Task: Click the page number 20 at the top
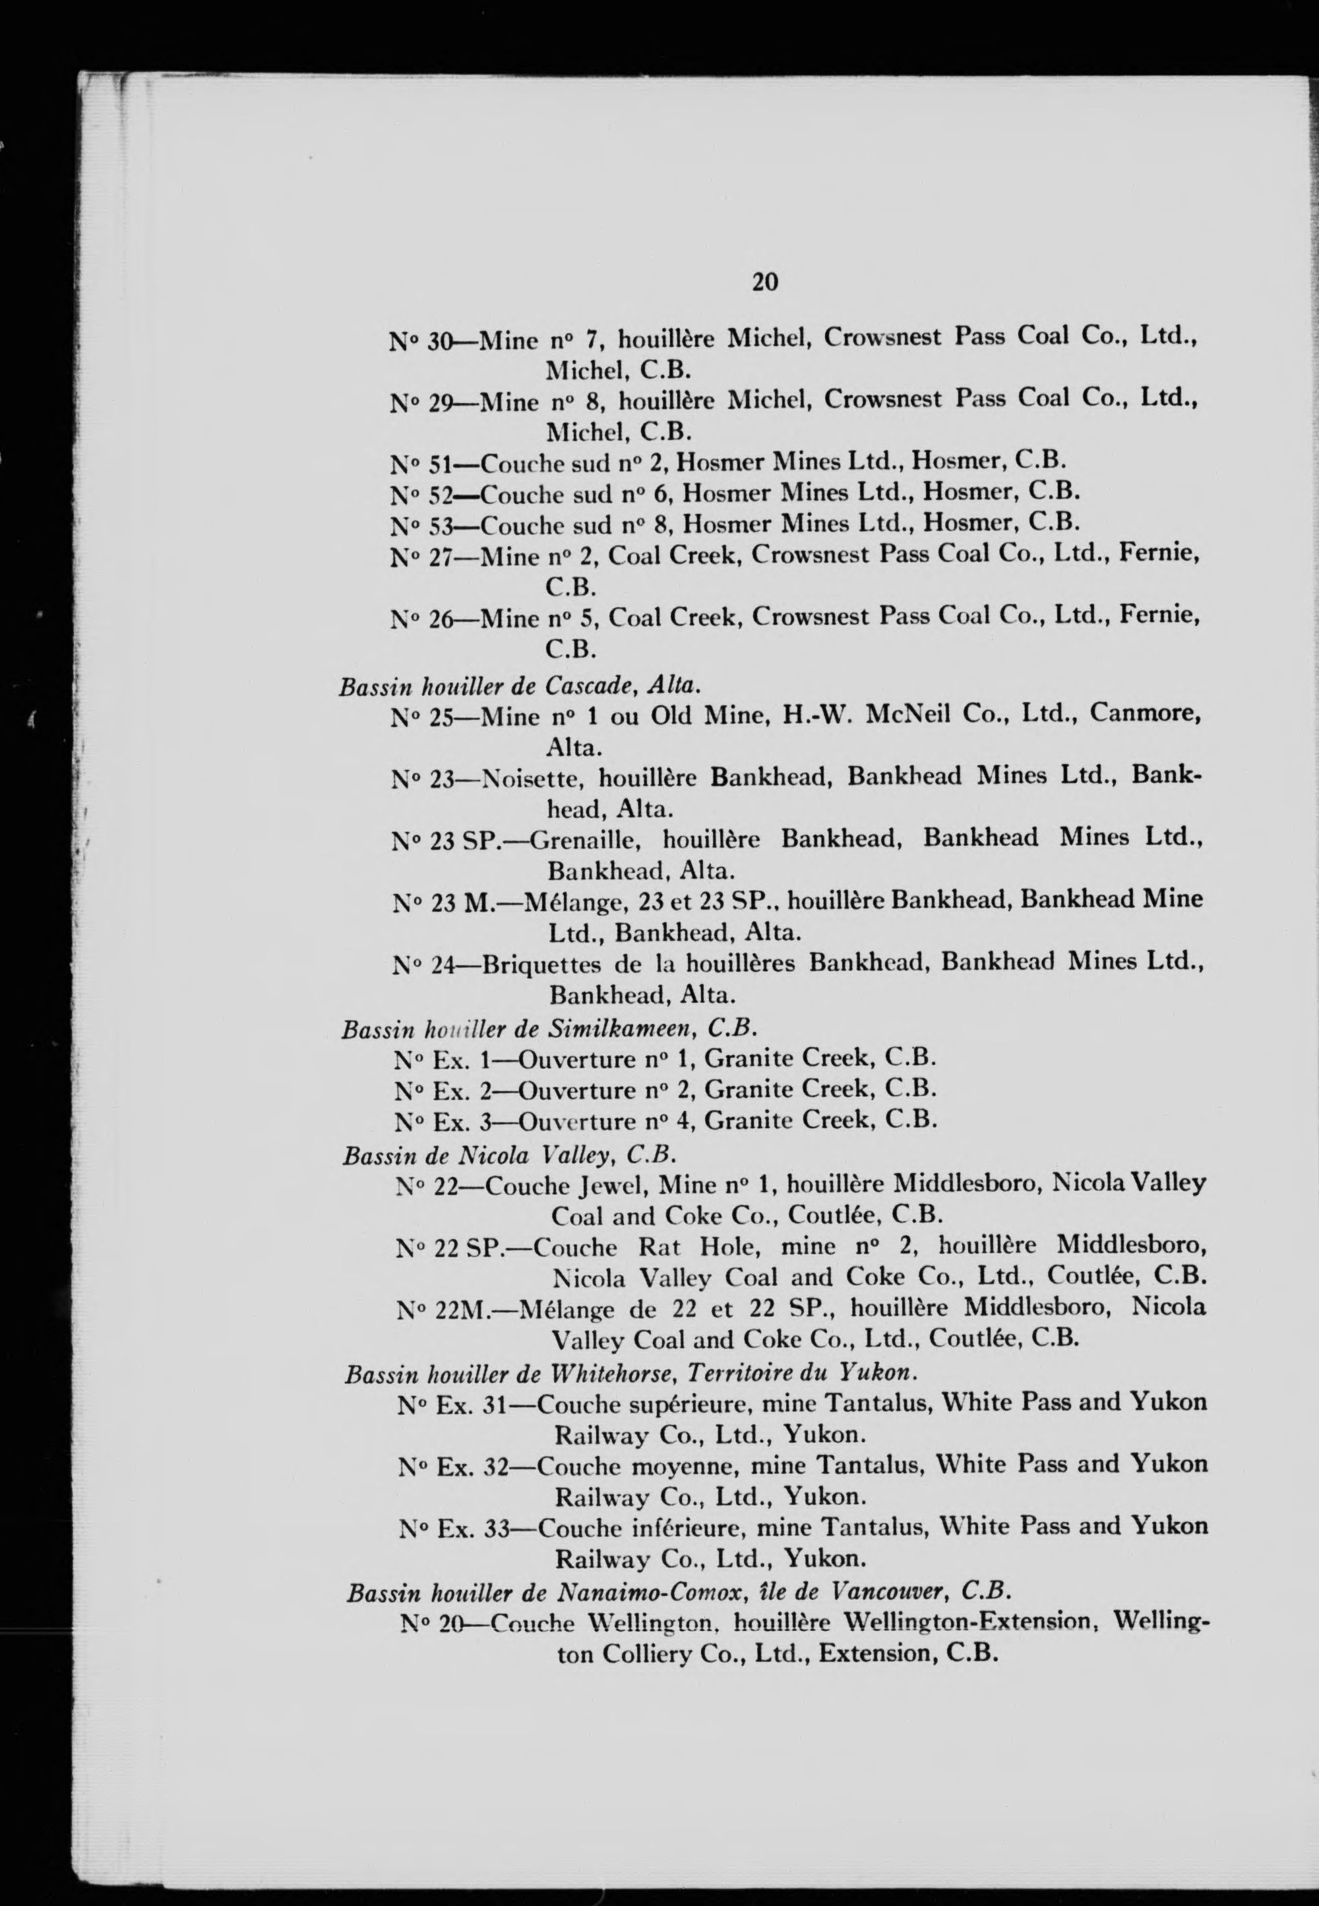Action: point(764,282)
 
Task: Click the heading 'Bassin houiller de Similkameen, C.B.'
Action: point(549,1029)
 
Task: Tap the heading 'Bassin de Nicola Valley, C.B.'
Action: point(509,1155)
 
